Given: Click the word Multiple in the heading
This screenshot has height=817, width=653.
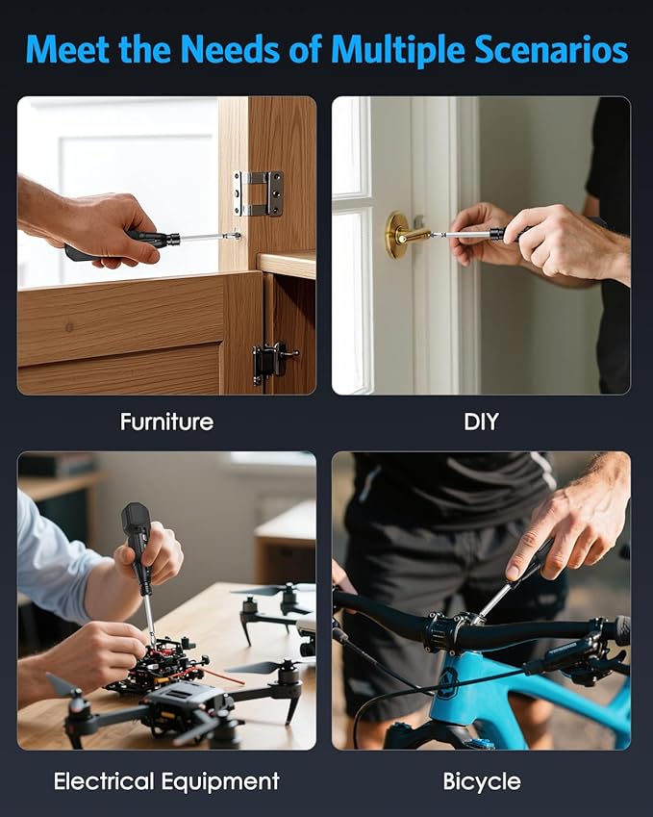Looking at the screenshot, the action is pos(397,51).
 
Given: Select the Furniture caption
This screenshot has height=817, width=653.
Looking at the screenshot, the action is pos(166,421).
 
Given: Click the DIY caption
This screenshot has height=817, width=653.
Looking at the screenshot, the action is pos(481,421).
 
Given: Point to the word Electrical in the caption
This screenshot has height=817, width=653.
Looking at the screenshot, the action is pos(104,781).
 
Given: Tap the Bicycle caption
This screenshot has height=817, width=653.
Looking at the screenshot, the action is pos(482,782).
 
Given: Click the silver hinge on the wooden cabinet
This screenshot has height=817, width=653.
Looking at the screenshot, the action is pos(258,193).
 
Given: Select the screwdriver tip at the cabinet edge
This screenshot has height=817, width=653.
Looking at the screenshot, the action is pos(237,236).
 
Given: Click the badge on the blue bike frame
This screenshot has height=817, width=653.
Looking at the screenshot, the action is pos(447,680).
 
